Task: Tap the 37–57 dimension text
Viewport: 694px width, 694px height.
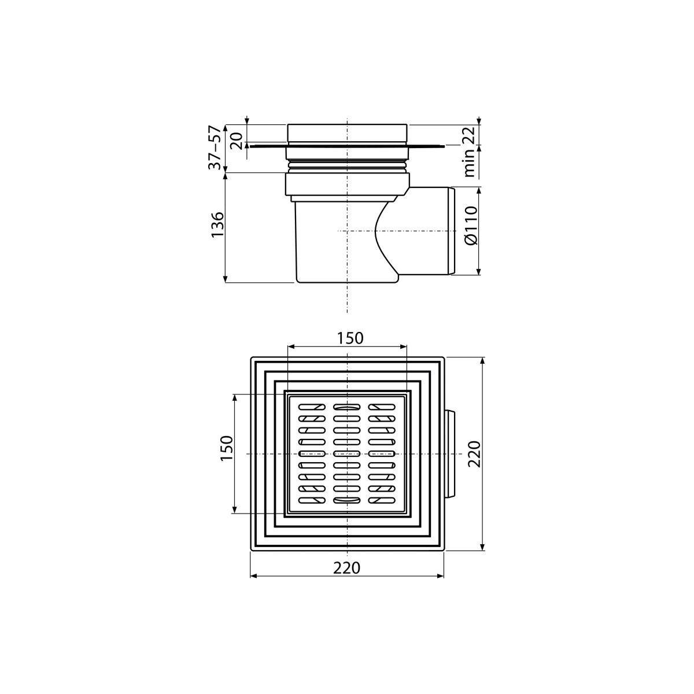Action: click(x=215, y=147)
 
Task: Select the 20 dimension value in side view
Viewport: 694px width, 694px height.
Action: click(x=237, y=141)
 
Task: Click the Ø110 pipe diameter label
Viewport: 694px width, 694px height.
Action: click(x=471, y=226)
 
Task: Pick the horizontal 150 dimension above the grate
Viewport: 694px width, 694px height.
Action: click(x=350, y=338)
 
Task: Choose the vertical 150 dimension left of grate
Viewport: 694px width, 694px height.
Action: click(x=227, y=449)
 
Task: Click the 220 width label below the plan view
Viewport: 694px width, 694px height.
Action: click(x=346, y=568)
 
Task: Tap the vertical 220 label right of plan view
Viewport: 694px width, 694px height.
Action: click(x=475, y=454)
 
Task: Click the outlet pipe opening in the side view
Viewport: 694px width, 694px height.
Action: click(x=452, y=231)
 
